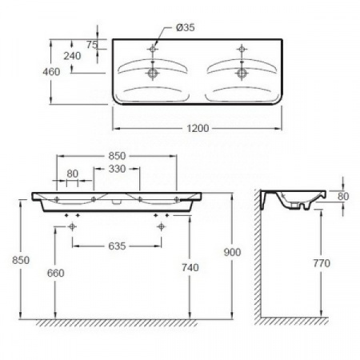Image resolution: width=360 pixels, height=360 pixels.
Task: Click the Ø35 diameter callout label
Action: coord(186,27)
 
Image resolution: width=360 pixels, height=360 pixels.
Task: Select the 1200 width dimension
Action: coord(198,129)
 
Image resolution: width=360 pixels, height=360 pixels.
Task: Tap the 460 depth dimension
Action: coord(51,72)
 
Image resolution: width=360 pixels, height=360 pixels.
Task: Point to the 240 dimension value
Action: coord(72,56)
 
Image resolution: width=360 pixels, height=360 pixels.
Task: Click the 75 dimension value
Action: coord(92,45)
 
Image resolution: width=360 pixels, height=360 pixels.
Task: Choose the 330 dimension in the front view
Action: coord(117,169)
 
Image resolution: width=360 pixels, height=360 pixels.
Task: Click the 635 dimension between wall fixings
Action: coord(117,246)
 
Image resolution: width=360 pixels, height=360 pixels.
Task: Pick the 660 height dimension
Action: coord(55,273)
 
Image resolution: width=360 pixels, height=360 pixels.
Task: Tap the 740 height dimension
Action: coord(190,267)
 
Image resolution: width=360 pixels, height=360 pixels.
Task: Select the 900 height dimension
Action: coord(232,252)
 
